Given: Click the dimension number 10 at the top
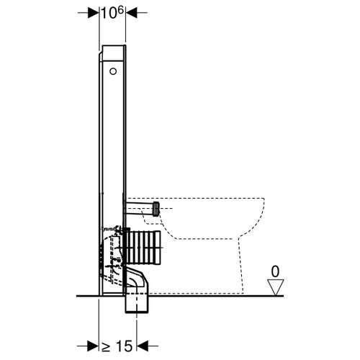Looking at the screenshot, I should pyautogui.click(x=107, y=14).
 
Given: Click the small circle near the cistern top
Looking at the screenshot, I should pyautogui.click(x=112, y=71).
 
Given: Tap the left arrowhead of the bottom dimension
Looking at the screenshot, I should pyautogui.click(x=93, y=345).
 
